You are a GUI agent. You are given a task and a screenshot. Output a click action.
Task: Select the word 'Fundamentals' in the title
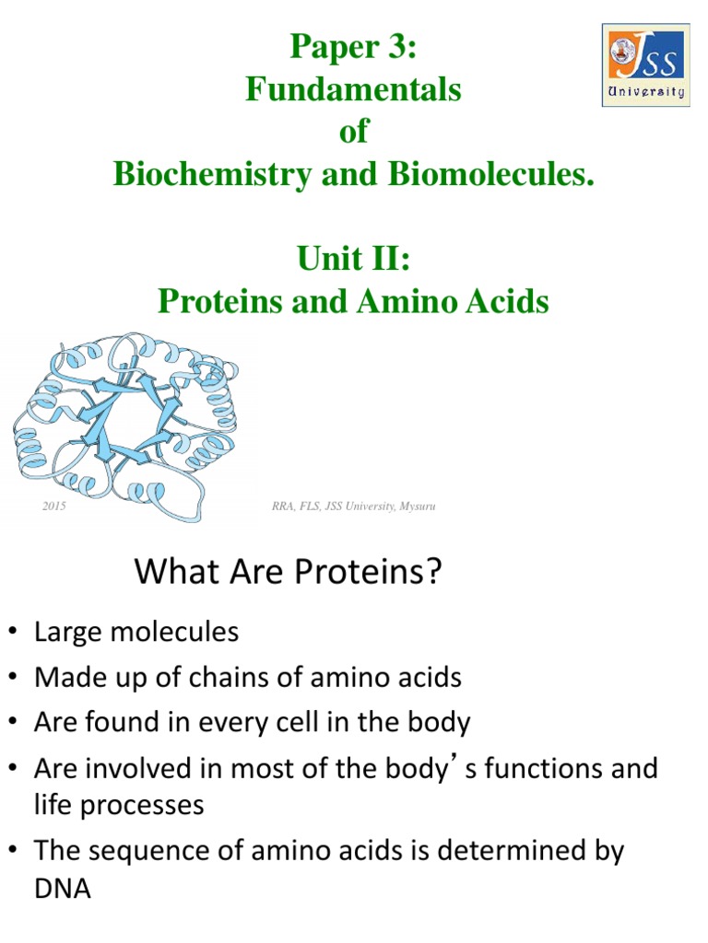[x=353, y=90]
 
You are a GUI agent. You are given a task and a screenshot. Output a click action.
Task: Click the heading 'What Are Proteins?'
[x=289, y=573]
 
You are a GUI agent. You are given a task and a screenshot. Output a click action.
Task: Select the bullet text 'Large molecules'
[x=136, y=633]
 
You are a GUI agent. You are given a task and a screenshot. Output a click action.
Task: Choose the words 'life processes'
[x=119, y=805]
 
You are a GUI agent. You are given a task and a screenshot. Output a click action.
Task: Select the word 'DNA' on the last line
[x=63, y=891]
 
